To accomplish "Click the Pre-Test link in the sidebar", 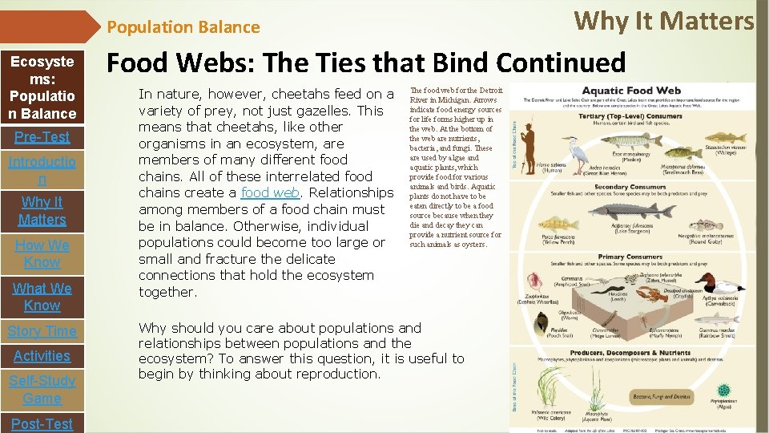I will (42, 137).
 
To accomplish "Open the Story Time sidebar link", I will (42, 331).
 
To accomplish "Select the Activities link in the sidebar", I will (42, 356).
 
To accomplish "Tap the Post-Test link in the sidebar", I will (42, 423).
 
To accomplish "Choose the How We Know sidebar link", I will (42, 253).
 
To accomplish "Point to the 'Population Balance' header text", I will (183, 27).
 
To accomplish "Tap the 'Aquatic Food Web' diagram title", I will (630, 91).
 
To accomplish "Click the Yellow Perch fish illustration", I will (553, 224).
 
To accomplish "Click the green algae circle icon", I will (724, 390).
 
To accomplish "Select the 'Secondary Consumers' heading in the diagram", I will (631, 187).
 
